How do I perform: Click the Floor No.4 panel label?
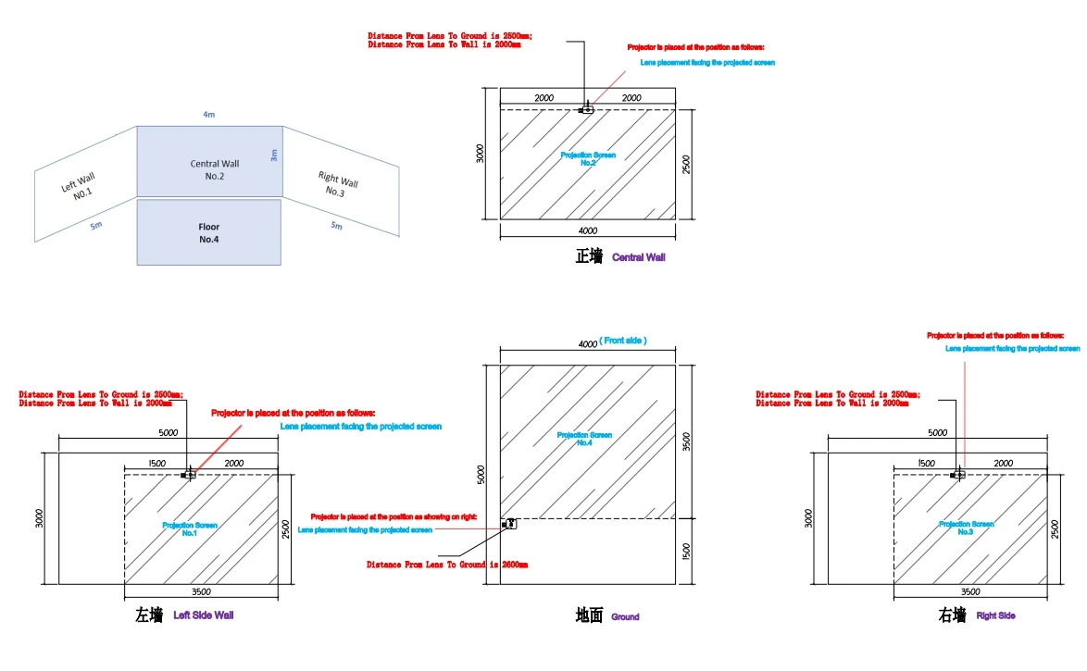[x=209, y=232]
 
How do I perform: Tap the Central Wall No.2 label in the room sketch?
[x=215, y=169]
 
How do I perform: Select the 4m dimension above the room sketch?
[x=209, y=114]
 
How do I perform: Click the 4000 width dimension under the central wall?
[x=587, y=230]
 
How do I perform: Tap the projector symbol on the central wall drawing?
[x=586, y=109]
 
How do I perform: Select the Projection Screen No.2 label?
[x=587, y=158]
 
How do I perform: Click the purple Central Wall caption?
[x=638, y=257]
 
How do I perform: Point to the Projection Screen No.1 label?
[x=189, y=528]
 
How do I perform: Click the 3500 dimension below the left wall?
[x=200, y=591]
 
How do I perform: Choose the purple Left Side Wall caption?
[x=203, y=615]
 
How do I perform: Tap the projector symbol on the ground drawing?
[x=508, y=524]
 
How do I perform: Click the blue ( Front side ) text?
[x=622, y=341]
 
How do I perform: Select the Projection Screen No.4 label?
[x=584, y=439]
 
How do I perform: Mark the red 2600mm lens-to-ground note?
[x=447, y=564]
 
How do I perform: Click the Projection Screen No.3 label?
[x=966, y=528]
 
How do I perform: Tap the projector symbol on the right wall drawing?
[x=958, y=475]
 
